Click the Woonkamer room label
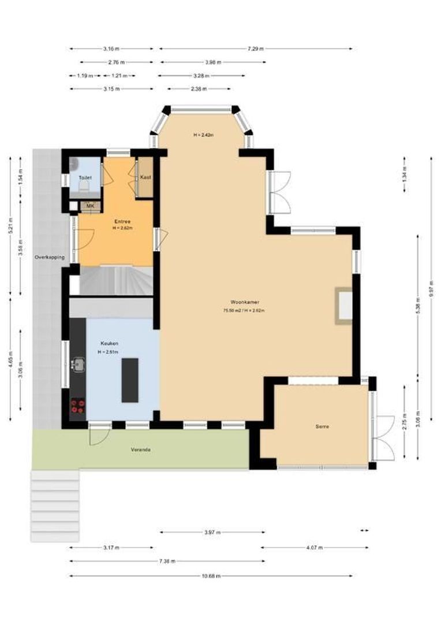244,302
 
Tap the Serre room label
322,427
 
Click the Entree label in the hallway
122,221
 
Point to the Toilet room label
85,177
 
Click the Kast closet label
145,177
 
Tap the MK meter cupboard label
90,205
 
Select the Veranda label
140,449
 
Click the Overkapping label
49,257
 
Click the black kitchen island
130,380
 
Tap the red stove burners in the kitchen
77,407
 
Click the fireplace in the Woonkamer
345,305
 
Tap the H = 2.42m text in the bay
204,135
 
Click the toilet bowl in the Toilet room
84,186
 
